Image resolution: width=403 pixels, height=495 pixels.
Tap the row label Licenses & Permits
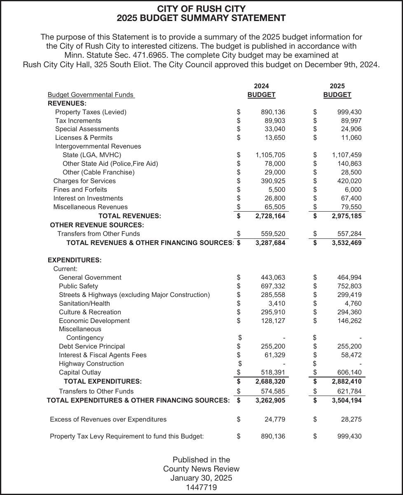tap(84, 138)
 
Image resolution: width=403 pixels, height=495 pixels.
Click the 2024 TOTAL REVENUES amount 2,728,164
tap(270, 216)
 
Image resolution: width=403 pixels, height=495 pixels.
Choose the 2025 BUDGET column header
tap(337, 95)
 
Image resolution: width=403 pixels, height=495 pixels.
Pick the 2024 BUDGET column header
tap(261, 95)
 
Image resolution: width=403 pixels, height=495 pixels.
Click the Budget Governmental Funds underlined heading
tap(91, 95)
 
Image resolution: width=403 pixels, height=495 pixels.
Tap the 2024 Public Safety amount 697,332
tap(273, 286)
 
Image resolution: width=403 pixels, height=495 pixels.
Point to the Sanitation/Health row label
tap(84, 304)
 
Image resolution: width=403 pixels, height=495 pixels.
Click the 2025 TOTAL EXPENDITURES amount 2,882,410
tap(347, 382)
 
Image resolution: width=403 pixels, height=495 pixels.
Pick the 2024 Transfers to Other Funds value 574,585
tap(273, 391)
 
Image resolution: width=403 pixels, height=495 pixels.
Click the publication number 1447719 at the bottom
tap(201, 488)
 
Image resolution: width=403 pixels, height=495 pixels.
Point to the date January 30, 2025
tap(201, 478)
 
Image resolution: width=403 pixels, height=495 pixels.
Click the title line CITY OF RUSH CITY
tap(201, 9)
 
